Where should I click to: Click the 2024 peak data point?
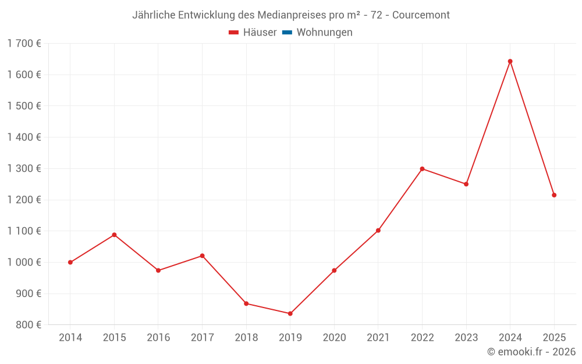[510, 61]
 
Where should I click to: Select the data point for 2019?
[290, 313]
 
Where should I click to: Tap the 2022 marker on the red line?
[422, 169]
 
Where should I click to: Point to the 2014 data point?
[70, 262]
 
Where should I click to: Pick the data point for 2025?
[554, 195]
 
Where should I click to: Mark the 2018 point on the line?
[246, 303]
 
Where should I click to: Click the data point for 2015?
[114, 235]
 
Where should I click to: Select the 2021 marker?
[378, 231]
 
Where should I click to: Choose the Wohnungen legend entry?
[324, 33]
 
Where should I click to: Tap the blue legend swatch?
[287, 33]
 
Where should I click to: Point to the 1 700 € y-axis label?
[24, 43]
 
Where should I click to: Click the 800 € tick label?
[29, 325]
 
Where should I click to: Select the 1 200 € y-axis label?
[24, 200]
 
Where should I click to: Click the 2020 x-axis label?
[334, 337]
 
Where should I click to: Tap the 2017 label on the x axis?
[202, 337]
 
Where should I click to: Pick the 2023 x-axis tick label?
[466, 337]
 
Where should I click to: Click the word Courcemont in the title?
[421, 15]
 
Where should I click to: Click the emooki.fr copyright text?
[531, 352]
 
